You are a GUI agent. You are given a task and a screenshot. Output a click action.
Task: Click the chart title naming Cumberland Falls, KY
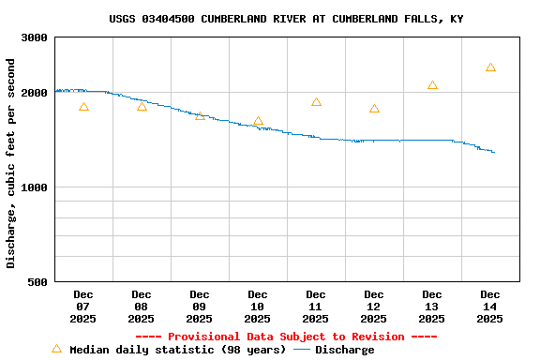pos(286,19)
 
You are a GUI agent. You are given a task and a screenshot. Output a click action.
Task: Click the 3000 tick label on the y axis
pos(35,37)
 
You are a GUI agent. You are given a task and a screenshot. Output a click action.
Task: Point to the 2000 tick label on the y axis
pos(35,93)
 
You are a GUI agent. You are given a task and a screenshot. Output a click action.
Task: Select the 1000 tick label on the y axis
pos(35,187)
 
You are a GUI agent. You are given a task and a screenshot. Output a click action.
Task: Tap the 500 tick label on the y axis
pos(38,282)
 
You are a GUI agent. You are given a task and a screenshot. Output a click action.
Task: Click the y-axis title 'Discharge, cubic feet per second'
pos(11,163)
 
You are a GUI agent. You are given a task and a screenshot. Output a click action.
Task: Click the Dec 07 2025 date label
pos(83,307)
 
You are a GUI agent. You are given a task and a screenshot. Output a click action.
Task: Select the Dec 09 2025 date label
pos(200,307)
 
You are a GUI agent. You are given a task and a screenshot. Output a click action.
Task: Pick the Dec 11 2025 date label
pos(316,307)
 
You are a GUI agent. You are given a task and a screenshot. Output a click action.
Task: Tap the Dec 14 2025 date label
pos(490,307)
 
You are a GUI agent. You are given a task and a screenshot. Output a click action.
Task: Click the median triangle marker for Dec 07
pos(83,107)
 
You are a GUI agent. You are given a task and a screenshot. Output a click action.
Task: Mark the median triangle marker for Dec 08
pos(142,106)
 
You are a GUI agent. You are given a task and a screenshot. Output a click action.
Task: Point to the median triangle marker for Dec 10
pos(258,121)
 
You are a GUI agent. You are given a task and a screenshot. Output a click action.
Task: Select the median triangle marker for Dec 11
pos(316,102)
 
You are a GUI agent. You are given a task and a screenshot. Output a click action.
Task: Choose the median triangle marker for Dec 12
pos(374,109)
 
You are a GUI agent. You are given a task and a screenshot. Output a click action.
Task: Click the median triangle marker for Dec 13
pos(432,85)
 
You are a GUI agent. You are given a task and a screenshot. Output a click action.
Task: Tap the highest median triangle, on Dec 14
pos(490,67)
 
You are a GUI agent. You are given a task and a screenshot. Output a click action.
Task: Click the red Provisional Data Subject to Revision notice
pos(286,337)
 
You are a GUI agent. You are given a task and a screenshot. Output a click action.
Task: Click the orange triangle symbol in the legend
pos(56,349)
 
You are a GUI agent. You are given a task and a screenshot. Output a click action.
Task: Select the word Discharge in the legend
pos(344,350)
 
